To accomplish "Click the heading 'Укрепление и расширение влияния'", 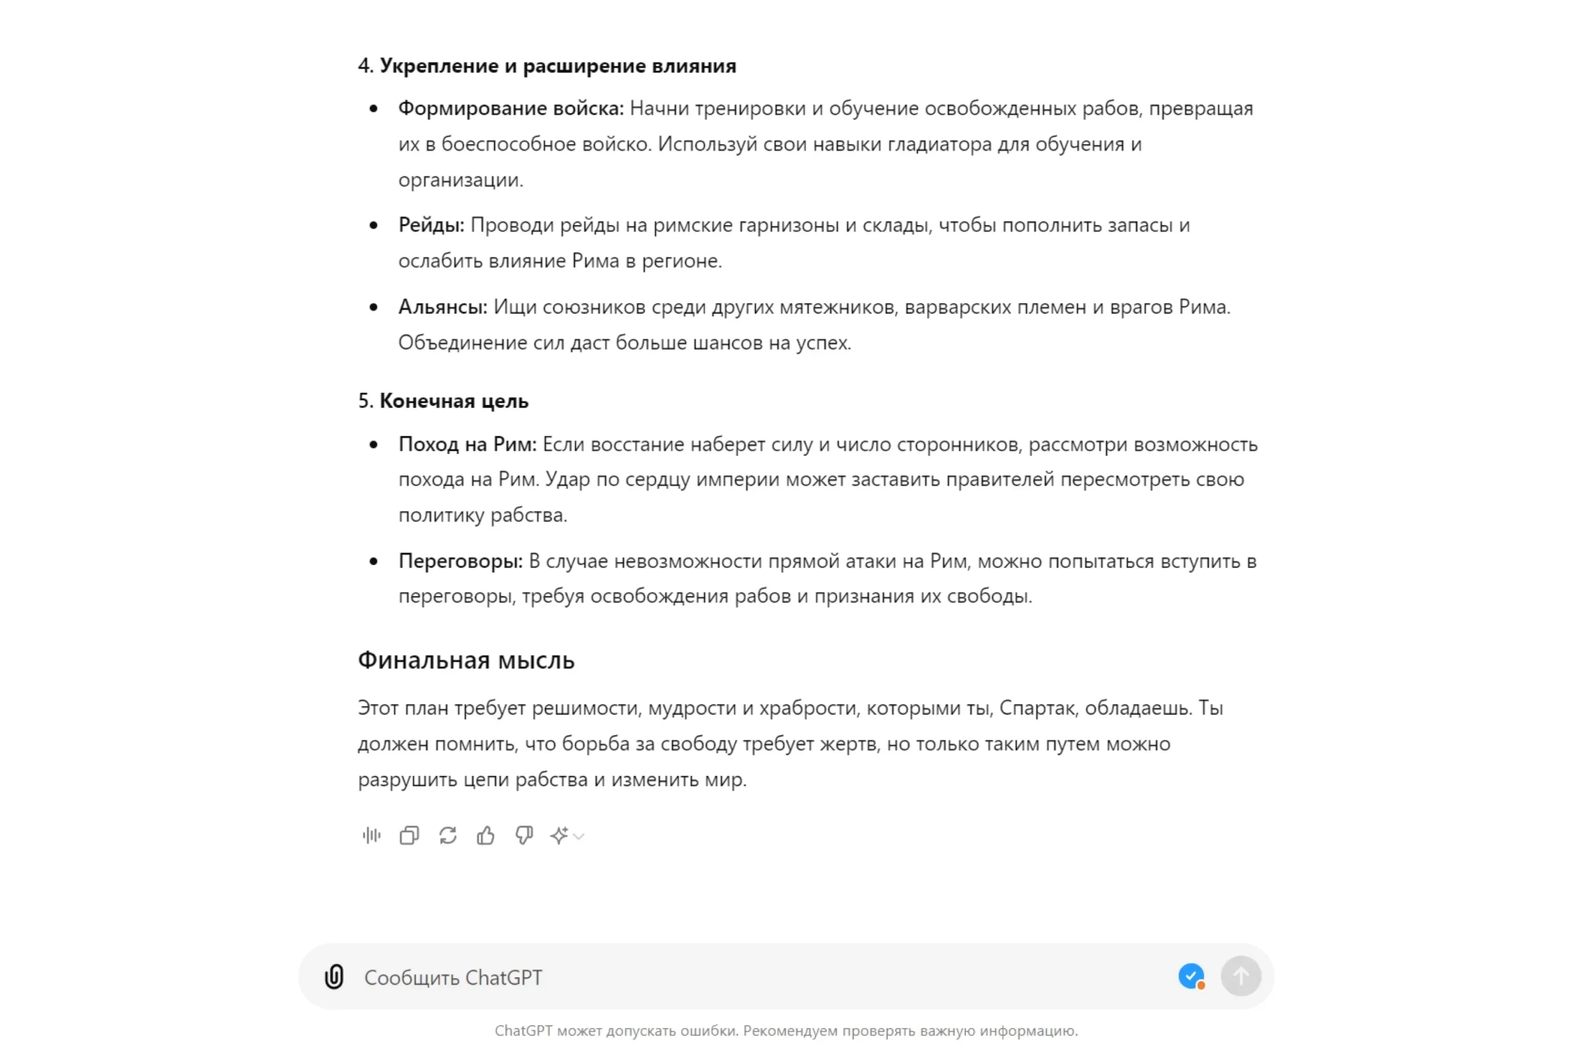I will pos(558,66).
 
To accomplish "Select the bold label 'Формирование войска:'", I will pos(511,108).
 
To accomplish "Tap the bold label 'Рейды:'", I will pos(431,225).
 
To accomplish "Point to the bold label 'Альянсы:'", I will pos(442,307).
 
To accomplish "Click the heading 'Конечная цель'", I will pos(454,401).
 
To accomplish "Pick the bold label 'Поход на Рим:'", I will pos(467,444).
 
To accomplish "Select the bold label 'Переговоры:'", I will pos(460,561).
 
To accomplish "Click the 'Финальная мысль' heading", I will pos(466,660).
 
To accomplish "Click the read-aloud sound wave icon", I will pos(371,835).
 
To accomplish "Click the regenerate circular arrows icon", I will pos(447,835).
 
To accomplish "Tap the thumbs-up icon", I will pos(485,835).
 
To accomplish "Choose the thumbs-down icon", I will pos(524,835).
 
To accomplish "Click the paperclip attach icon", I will pos(334,977).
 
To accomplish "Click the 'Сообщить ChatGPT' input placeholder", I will pos(453,978).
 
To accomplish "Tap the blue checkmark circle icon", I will pos(1191,976).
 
